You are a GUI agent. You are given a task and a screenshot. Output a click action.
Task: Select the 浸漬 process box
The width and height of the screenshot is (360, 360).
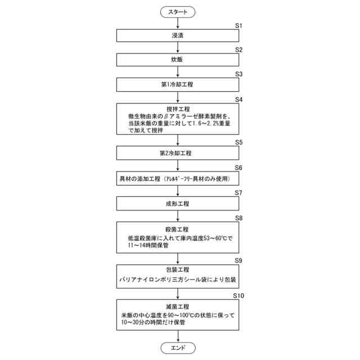coord(178,35)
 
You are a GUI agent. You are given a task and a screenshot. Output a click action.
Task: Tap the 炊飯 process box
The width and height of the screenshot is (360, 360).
coord(178,60)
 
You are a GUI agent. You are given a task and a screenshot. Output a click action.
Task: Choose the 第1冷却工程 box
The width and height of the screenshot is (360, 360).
coord(178,84)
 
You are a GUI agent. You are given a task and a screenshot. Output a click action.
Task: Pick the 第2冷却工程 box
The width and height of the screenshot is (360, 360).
coord(178,152)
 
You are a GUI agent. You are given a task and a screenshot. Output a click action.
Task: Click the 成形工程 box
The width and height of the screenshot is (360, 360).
coord(178,203)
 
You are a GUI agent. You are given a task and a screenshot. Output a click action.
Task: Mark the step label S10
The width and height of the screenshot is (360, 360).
coord(238,295)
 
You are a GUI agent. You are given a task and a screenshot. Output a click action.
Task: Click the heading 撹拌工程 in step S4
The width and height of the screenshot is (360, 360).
coord(178,109)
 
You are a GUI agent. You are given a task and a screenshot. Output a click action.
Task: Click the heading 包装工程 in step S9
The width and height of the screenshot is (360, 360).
coord(178,270)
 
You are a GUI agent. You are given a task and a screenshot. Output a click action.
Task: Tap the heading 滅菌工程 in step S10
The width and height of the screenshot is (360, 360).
coord(178,307)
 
